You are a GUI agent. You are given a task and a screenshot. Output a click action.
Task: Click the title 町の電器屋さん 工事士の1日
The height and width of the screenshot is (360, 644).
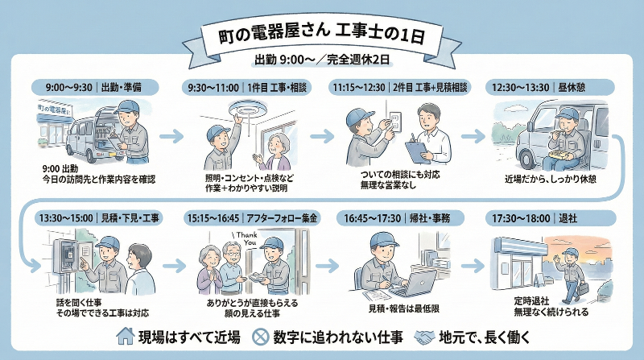tap(321, 35)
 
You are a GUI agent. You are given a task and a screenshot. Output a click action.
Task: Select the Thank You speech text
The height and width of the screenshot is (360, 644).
tap(244, 238)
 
